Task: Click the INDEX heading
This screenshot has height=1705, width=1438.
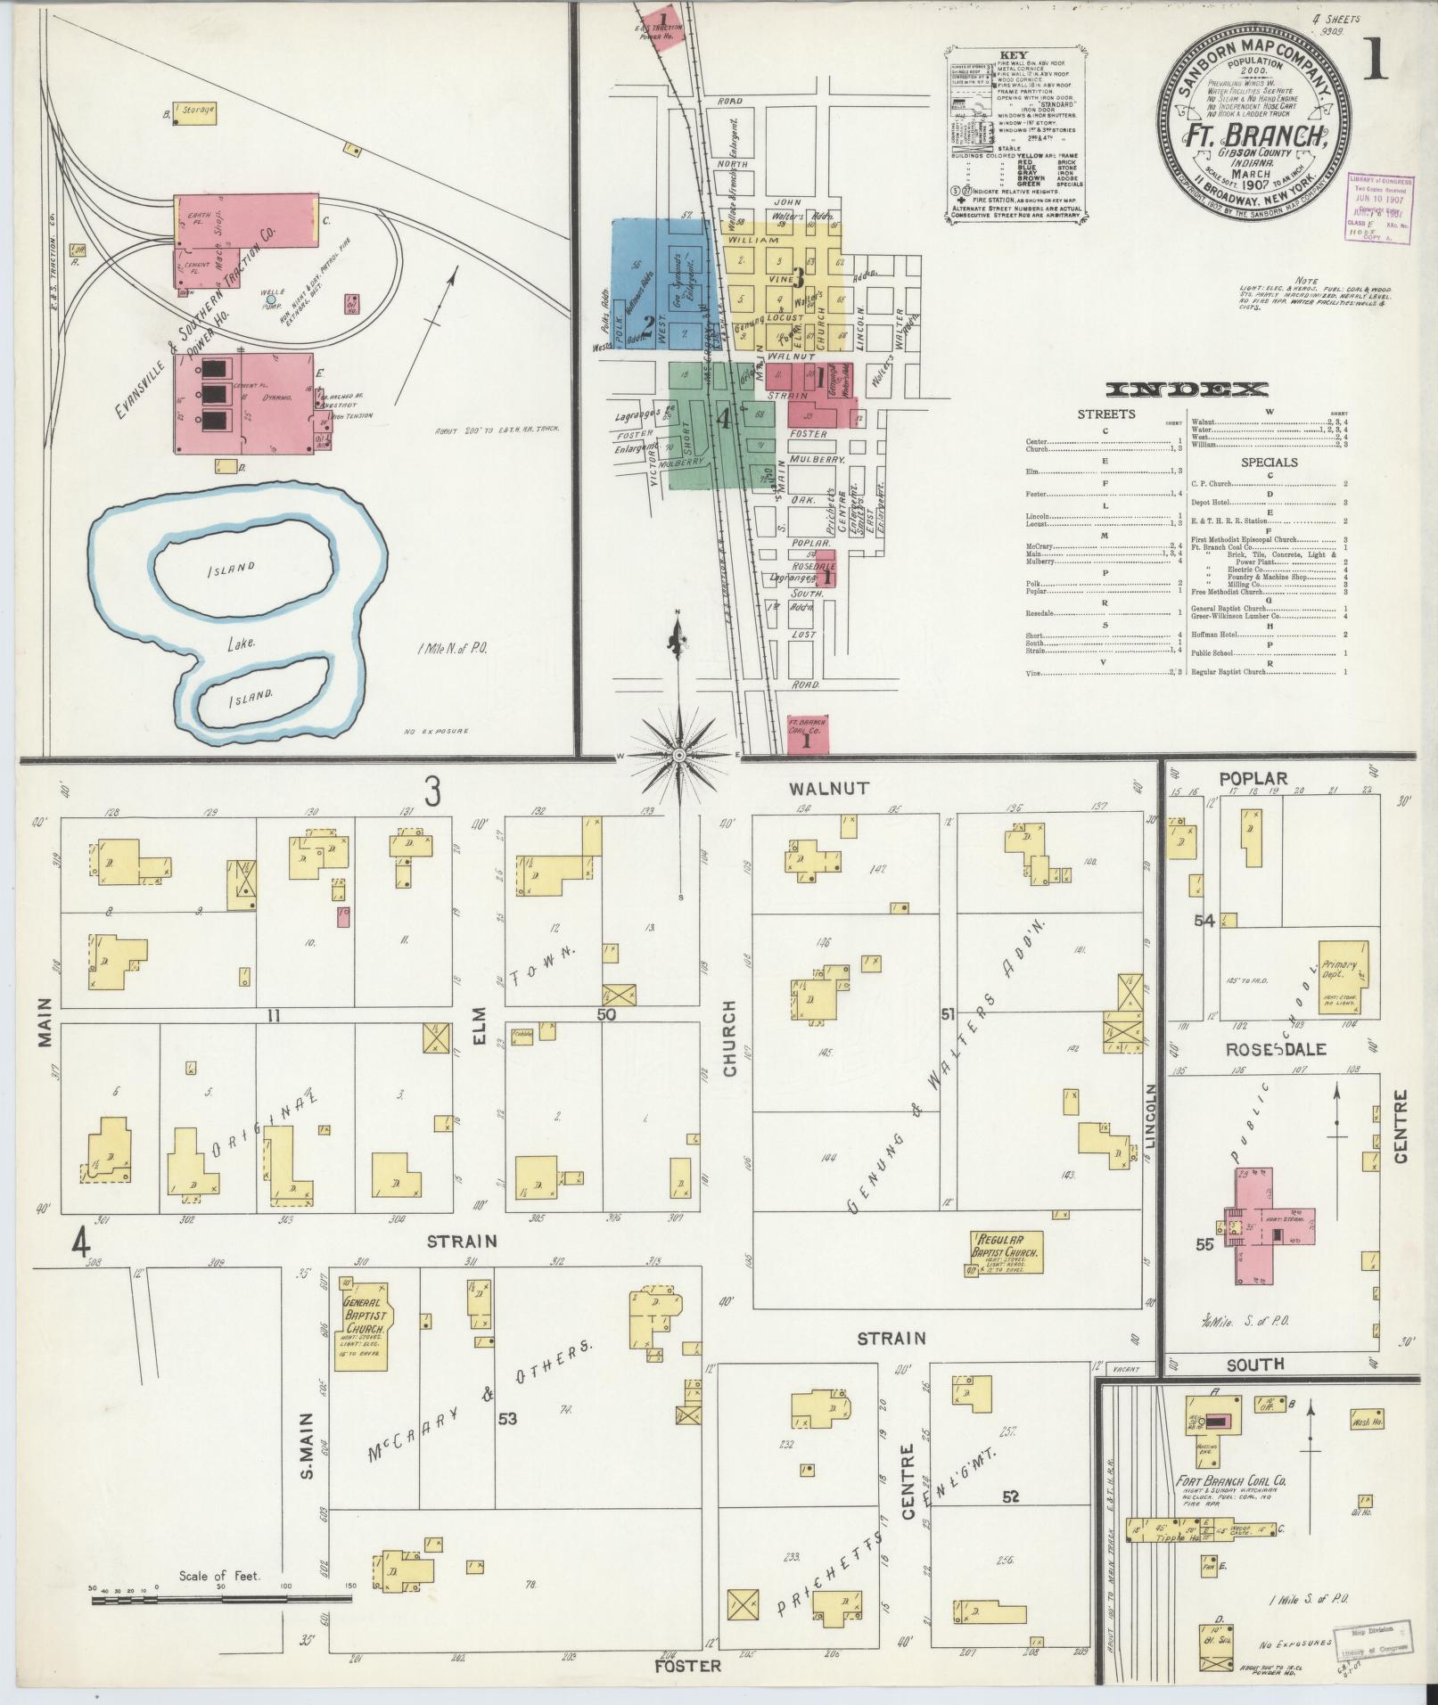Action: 1187,389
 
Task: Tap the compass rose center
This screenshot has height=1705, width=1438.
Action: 678,756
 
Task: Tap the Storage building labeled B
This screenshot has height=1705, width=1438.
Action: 194,111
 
